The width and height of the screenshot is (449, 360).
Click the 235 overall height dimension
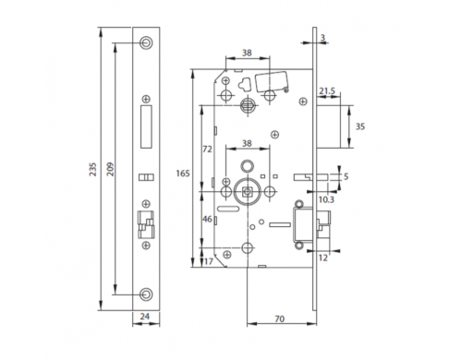point(92,169)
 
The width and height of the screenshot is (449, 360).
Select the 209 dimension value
point(110,169)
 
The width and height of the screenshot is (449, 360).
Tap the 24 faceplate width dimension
point(145,317)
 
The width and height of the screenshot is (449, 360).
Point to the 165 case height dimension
point(183,174)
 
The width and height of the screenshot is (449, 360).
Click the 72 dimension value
point(207,150)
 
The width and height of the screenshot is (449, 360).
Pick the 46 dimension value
point(207,219)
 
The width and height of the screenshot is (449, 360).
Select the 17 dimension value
point(209,261)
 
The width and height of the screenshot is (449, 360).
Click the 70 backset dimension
point(279,319)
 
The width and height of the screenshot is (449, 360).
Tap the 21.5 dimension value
point(327,91)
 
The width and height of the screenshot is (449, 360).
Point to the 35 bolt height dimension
point(360,126)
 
